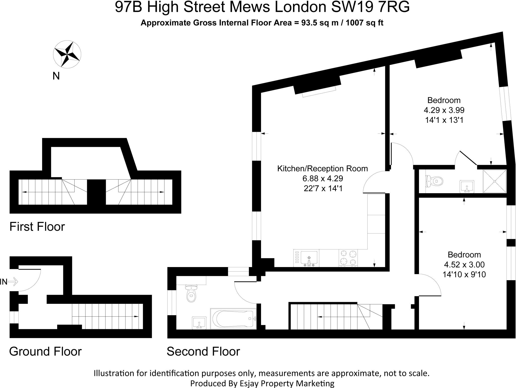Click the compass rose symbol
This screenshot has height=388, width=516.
click(67, 55)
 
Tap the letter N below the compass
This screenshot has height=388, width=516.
click(56, 76)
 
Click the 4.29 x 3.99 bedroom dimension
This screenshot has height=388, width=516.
click(444, 110)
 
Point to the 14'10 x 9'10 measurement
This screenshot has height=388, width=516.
click(464, 274)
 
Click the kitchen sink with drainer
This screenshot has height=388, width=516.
click(306, 258)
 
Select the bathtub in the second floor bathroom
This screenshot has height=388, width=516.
click(233, 318)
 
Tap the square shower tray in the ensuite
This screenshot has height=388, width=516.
click(495, 181)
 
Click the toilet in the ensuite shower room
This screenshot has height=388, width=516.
click(435, 181)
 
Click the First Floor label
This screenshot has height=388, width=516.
click(37, 227)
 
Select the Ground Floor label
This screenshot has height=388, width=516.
click(45, 351)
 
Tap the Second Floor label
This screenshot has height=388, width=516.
click(203, 351)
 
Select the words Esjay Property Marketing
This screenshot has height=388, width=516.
click(286, 383)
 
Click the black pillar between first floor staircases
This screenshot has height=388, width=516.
click(96, 192)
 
